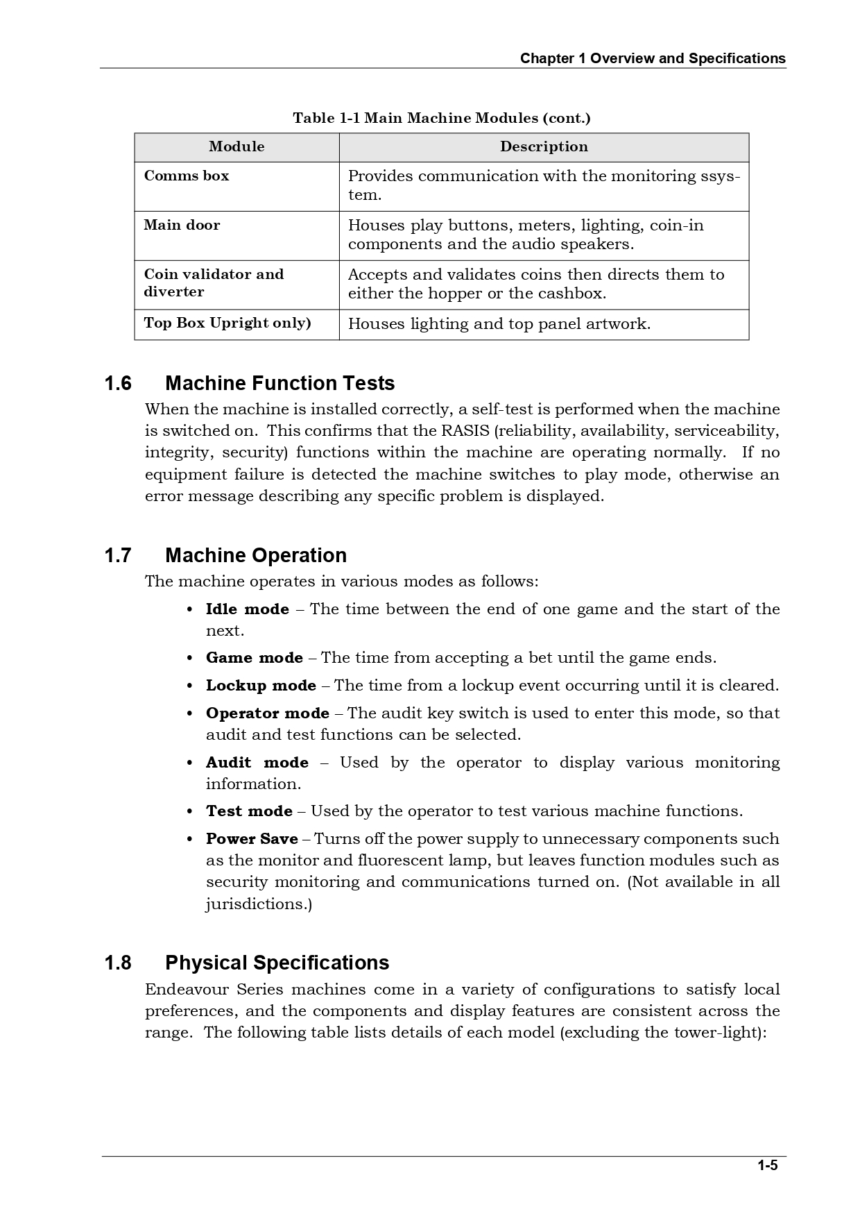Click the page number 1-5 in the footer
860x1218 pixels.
(767, 1165)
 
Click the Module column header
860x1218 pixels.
(237, 146)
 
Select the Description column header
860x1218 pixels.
(544, 146)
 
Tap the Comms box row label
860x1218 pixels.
(186, 176)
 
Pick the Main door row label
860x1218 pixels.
(182, 226)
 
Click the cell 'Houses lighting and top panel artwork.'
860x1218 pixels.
(499, 324)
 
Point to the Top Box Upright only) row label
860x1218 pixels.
(227, 323)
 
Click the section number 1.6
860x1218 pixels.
(118, 384)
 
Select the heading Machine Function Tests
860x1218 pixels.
(279, 384)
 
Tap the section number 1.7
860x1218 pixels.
(118, 556)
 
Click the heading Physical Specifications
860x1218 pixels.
(277, 963)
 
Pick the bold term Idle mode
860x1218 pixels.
(247, 609)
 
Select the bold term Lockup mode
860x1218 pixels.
(261, 686)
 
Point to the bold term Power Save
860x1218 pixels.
(252, 839)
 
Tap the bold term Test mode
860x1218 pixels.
(249, 811)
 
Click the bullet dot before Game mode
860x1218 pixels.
(190, 659)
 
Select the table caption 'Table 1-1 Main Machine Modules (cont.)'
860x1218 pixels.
(442, 118)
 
